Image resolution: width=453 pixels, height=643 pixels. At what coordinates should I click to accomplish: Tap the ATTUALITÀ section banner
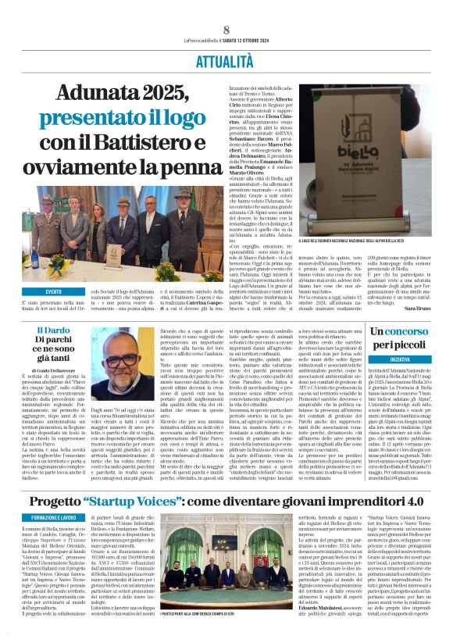pos(226,59)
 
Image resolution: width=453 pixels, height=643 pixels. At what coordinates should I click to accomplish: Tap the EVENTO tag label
pos(54,291)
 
